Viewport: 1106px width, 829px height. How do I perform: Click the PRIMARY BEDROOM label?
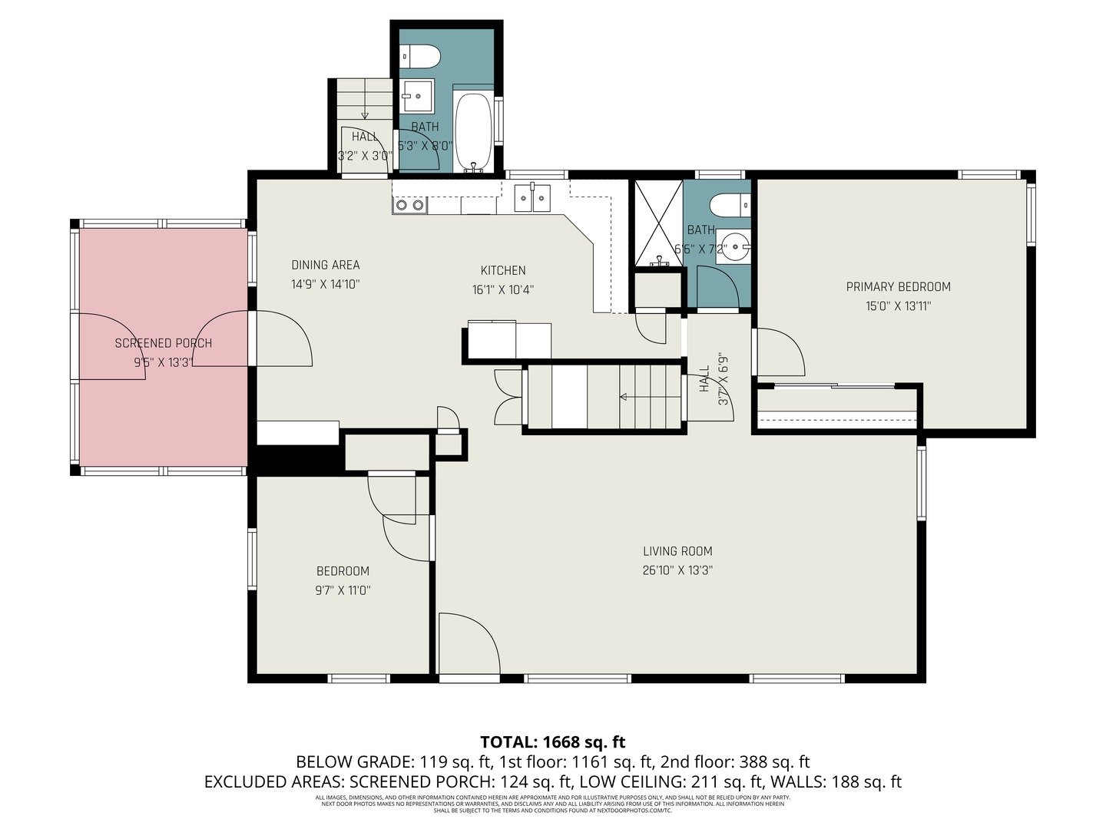[898, 287]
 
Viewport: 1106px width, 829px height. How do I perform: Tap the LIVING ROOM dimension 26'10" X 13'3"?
[677, 570]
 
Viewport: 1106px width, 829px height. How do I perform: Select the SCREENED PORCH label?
[163, 343]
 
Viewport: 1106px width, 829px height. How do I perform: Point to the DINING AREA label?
[325, 265]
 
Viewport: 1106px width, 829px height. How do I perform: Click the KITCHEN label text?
[503, 270]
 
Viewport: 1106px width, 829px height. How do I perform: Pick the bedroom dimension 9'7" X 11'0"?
[343, 590]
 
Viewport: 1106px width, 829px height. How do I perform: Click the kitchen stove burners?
[409, 205]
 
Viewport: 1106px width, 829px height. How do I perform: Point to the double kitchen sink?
[532, 198]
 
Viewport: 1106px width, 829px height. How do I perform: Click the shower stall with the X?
[657, 223]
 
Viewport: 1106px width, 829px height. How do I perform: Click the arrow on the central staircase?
[623, 397]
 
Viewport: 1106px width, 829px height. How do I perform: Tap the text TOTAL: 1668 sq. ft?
[552, 742]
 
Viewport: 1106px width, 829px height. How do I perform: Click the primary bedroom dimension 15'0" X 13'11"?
[898, 306]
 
